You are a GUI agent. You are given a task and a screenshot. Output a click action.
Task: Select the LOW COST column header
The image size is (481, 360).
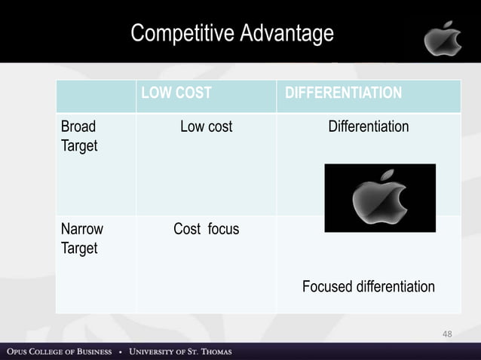(x=175, y=93)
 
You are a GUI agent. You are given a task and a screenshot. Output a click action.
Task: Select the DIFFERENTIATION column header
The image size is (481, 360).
(x=343, y=93)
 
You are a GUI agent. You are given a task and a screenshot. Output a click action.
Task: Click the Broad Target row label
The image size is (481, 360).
(x=79, y=136)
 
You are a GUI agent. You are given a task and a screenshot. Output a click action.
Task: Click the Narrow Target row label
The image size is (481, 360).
(x=81, y=238)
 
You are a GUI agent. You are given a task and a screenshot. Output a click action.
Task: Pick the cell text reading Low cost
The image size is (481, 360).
(x=206, y=127)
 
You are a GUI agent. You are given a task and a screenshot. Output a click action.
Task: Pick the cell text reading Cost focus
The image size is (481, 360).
(x=206, y=229)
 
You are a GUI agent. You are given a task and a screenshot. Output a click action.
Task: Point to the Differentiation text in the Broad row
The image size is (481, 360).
(x=368, y=127)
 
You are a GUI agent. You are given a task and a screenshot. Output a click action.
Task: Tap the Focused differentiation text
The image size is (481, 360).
(x=368, y=286)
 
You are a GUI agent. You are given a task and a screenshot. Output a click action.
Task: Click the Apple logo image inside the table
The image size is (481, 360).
(x=379, y=198)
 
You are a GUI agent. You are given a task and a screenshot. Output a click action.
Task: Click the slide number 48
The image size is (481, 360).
(x=447, y=333)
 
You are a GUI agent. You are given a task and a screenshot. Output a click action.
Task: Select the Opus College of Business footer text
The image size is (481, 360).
(x=60, y=352)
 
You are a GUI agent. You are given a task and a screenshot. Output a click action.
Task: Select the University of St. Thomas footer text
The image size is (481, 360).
(x=180, y=352)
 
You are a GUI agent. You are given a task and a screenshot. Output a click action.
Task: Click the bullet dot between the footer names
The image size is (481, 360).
(x=121, y=352)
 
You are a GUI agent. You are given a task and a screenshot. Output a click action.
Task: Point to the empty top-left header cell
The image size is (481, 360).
(x=96, y=96)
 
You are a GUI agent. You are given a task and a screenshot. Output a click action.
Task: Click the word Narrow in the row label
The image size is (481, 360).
(x=81, y=229)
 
